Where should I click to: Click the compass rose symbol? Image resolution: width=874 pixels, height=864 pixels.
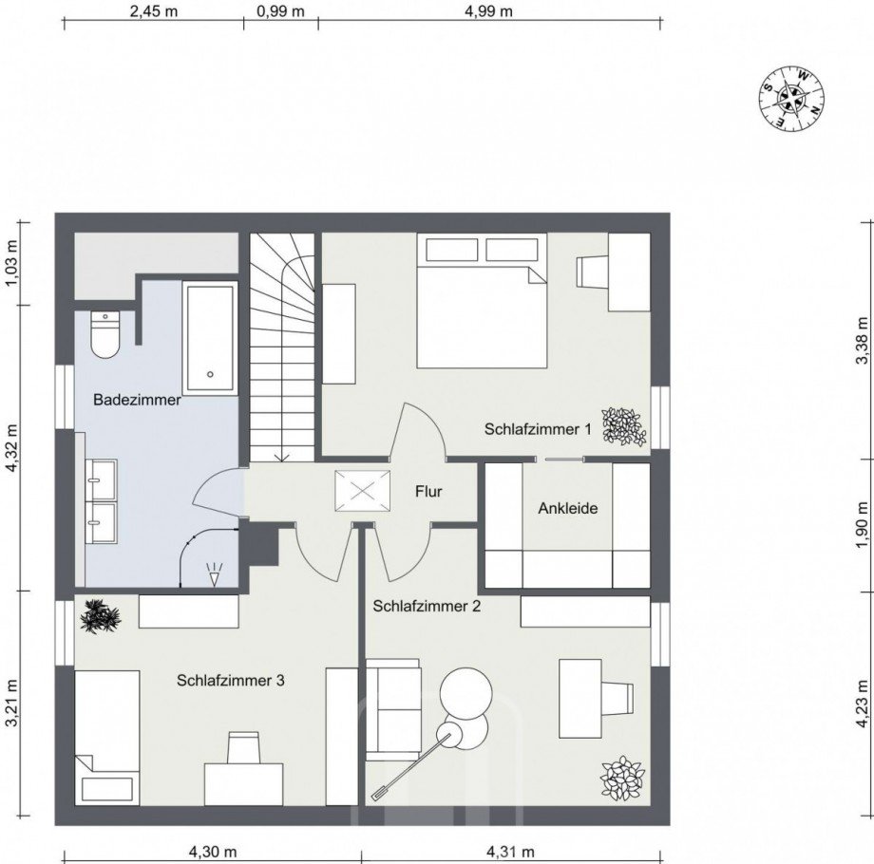(790, 98)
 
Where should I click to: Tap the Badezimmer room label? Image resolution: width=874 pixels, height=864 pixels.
(137, 401)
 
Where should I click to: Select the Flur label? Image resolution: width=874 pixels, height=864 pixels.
(429, 492)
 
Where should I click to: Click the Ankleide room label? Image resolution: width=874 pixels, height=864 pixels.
(568, 508)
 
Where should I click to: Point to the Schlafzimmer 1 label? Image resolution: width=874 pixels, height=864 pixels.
(538, 429)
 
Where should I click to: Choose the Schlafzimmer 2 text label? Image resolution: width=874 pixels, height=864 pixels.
(427, 605)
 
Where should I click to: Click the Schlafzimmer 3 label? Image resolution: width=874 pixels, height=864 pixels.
(230, 680)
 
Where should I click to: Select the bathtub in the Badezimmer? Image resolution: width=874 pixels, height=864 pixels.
(209, 337)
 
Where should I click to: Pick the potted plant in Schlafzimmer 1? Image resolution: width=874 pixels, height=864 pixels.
(623, 426)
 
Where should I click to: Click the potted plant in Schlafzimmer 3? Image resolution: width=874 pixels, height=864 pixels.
(101, 617)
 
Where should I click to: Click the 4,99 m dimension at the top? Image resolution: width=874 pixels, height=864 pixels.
(488, 11)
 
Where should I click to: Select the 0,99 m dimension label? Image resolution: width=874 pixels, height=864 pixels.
(280, 11)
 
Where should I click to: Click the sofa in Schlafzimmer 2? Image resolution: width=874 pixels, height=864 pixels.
(392, 710)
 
